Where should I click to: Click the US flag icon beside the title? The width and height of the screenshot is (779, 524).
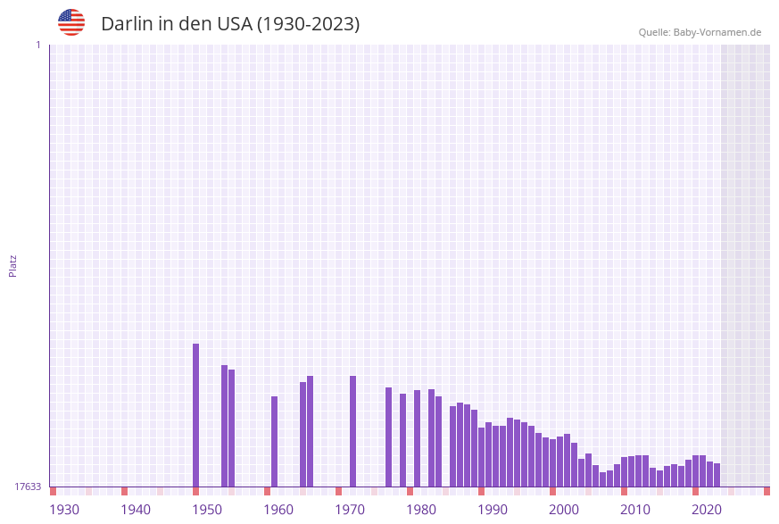coord(71,22)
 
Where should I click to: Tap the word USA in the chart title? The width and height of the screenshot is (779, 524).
coord(235,24)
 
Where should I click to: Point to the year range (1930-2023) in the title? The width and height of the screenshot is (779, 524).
coord(309,24)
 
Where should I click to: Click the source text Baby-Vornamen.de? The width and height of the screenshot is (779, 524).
coord(717,32)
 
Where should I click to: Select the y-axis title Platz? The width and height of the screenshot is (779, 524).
coord(13,265)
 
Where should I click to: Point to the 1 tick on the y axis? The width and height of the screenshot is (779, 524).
coord(37,45)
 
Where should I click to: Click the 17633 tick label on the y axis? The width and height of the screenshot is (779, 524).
coord(28,487)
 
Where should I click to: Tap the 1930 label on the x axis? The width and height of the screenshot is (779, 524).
coord(64,510)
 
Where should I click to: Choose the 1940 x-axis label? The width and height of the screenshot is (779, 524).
coord(136,510)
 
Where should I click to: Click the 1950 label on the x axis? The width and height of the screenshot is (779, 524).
coord(207,510)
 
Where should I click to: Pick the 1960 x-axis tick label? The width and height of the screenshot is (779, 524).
coord(278,510)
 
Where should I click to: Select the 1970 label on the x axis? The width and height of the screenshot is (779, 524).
coord(350,510)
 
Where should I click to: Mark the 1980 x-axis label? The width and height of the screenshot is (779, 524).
coord(421,510)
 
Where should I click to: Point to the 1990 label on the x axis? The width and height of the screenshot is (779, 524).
coord(493,510)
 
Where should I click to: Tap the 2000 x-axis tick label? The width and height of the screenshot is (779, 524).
coord(564,510)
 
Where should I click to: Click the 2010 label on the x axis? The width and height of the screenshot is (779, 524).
coord(635,510)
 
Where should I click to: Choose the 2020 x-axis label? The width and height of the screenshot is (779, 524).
coord(707,510)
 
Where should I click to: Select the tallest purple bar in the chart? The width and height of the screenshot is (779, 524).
coord(196,415)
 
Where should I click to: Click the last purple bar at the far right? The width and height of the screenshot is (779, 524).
coord(717,475)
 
